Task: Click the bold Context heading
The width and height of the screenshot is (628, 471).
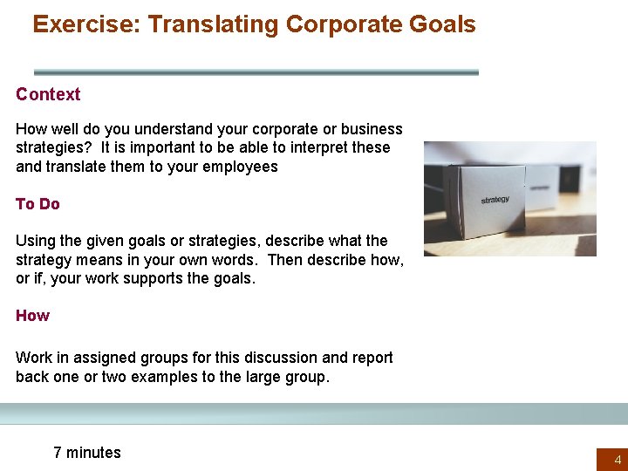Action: (x=48, y=94)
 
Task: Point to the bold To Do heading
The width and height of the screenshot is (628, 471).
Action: (x=38, y=203)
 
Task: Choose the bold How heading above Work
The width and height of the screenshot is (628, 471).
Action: (x=32, y=315)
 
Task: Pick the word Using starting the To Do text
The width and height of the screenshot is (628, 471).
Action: (x=36, y=240)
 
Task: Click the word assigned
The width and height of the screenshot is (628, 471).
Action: (x=102, y=357)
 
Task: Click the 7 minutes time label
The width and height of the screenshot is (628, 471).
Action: (x=87, y=452)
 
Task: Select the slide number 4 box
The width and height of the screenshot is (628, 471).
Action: (x=611, y=459)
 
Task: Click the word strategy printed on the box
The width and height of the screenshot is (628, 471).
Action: (x=495, y=200)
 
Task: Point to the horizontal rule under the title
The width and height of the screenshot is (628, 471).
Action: (x=256, y=72)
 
